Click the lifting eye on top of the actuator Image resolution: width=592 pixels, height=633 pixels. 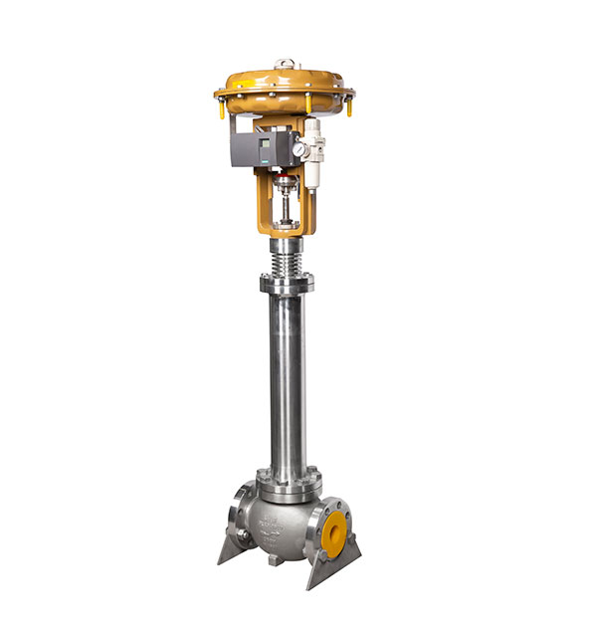[x=285, y=63]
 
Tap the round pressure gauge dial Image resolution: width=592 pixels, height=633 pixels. [x=297, y=150]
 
